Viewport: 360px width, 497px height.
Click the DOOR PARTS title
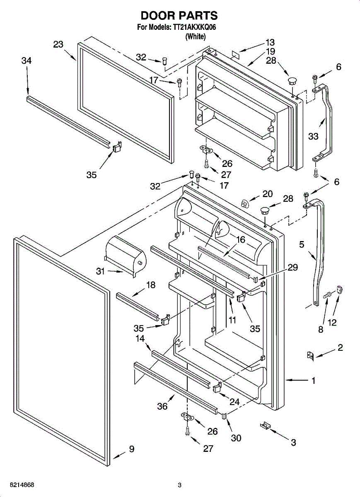(179, 16)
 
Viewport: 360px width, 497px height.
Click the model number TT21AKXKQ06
(194, 27)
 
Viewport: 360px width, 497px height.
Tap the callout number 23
(58, 44)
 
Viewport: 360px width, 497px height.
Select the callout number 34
(27, 61)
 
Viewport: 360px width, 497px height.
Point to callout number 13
(270, 42)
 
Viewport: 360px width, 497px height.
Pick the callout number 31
(100, 271)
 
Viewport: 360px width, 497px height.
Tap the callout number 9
(131, 449)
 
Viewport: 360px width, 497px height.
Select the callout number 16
(241, 239)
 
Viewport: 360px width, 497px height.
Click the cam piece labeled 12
(339, 290)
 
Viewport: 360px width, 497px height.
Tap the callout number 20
(268, 193)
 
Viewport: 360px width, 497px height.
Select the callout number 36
(162, 406)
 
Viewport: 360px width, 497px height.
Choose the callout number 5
(302, 245)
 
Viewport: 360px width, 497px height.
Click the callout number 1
(314, 380)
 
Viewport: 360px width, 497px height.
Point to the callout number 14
(140, 339)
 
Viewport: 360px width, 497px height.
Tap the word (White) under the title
(195, 36)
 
